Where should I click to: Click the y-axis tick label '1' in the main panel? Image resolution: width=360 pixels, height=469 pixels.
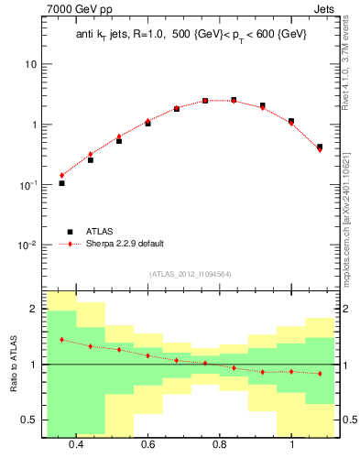pos(33,125)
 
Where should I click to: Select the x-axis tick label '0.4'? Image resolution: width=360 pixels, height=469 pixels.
pos(75,444)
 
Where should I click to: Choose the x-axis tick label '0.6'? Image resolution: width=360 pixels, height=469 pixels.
pos(147,444)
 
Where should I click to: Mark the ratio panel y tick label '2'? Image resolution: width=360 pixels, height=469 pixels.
pos(33,309)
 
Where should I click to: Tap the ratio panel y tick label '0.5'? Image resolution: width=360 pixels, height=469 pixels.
pos(28,420)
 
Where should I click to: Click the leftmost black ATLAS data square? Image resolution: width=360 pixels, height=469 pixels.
pos(61,183)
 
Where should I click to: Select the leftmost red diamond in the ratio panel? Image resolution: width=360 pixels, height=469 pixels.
pos(61,340)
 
